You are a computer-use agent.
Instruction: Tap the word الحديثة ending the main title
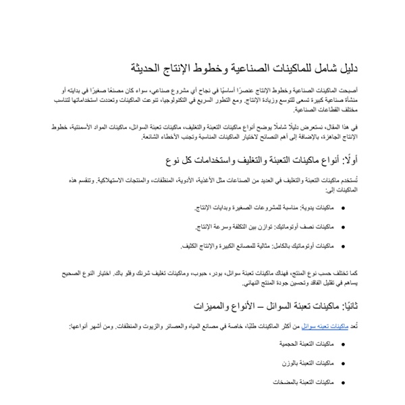[x=148, y=70]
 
